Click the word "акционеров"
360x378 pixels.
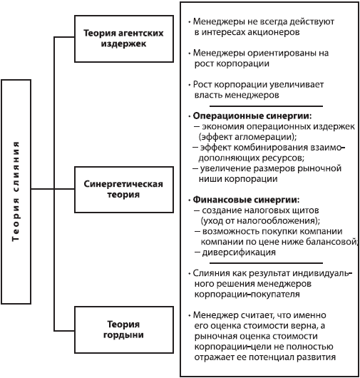pyautogui.click(x=282, y=32)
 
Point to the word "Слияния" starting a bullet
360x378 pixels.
pyautogui.click(x=210, y=273)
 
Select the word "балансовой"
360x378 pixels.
pyautogui.click(x=330, y=242)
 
